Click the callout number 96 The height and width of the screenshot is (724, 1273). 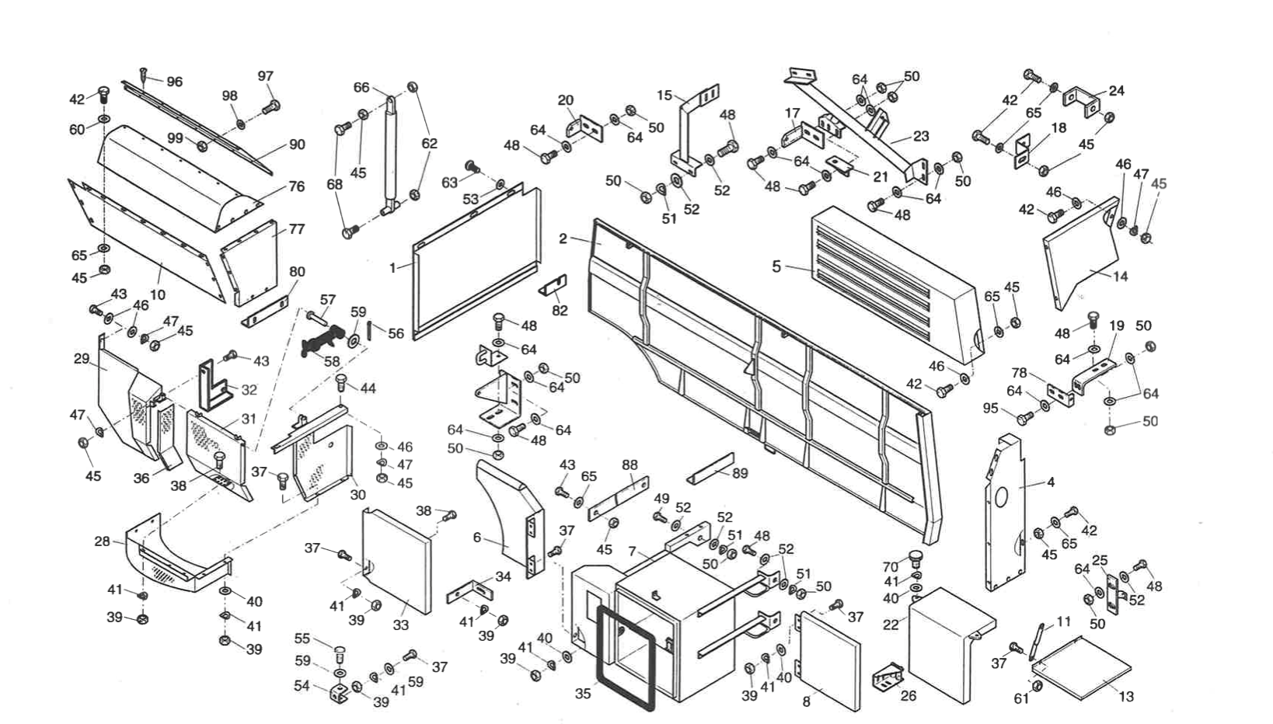click(174, 82)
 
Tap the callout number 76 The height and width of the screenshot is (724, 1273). click(296, 186)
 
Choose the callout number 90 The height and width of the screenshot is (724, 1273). click(297, 144)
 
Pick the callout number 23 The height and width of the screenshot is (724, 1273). click(921, 136)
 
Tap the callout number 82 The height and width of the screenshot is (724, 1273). click(560, 311)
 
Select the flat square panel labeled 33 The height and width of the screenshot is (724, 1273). click(396, 559)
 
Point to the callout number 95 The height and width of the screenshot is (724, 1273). click(990, 409)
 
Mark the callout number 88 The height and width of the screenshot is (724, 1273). click(630, 465)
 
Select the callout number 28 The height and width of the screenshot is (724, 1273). click(102, 541)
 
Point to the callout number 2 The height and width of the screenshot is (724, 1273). click(563, 238)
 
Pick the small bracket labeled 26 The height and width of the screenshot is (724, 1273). click(888, 677)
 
